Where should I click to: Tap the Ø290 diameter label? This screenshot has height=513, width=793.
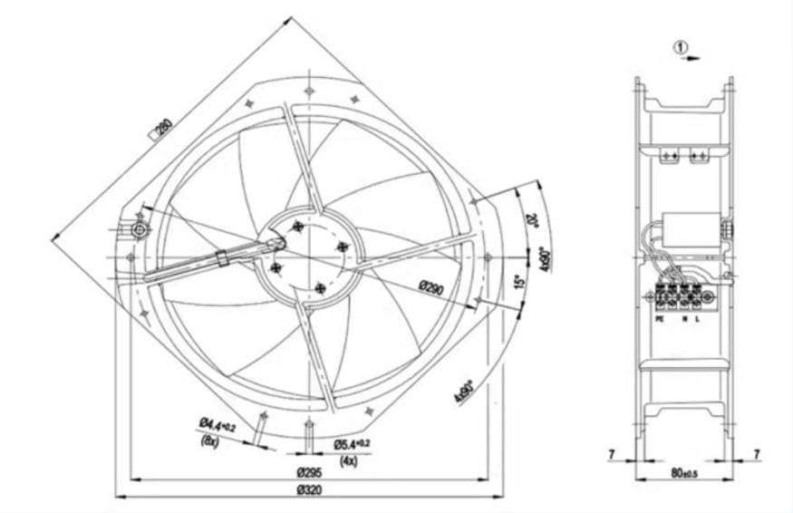[x=430, y=286]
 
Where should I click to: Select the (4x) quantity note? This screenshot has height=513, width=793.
[x=349, y=460]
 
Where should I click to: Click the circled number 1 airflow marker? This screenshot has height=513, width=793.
[x=682, y=45]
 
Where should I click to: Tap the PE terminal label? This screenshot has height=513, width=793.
[x=659, y=319]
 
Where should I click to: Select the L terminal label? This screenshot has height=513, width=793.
[x=698, y=319]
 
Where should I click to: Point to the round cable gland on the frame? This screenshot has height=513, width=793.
[x=140, y=230]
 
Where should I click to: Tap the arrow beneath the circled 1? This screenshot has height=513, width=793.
[x=691, y=58]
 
